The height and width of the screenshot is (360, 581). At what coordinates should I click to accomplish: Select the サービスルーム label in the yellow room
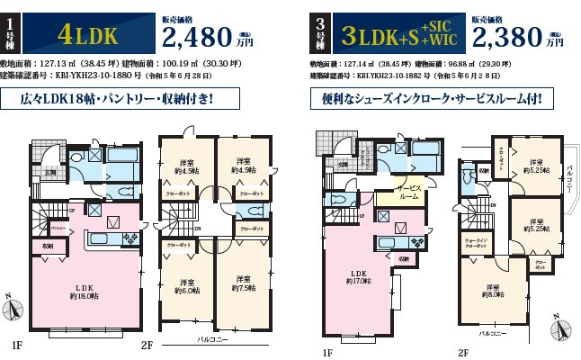[409, 193]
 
